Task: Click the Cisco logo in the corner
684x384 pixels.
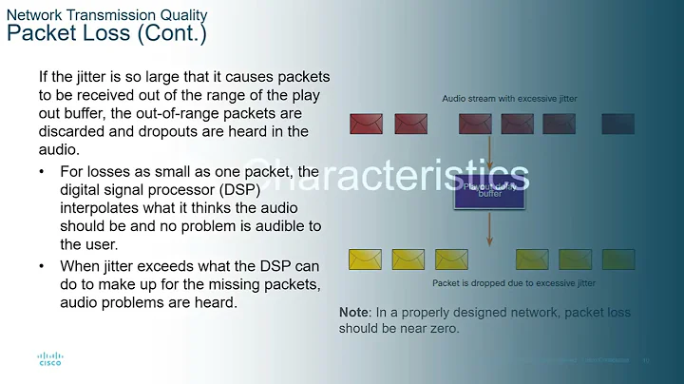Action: coord(50,356)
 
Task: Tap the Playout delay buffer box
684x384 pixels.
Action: coord(489,189)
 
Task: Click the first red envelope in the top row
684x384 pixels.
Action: coord(366,123)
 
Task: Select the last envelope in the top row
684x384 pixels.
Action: coord(617,123)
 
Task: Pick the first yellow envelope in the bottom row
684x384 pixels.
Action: coord(365,259)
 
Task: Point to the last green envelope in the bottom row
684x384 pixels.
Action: coord(617,259)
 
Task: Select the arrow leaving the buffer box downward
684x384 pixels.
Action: coord(489,226)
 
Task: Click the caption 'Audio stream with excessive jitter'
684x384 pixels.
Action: coord(509,99)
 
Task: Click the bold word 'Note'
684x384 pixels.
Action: coord(355,313)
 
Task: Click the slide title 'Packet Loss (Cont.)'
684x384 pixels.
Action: coord(106,33)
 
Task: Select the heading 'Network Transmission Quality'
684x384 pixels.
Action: coord(101,11)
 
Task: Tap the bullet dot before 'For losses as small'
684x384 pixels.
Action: coord(43,172)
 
